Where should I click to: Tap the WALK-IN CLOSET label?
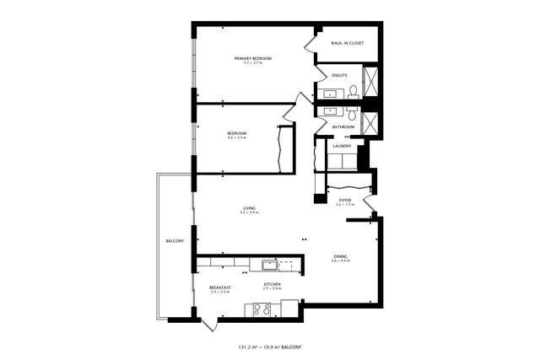[x=347, y=43]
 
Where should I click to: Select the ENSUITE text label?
[x=340, y=75]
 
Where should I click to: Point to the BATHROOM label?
[x=343, y=127]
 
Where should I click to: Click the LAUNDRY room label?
[x=342, y=146]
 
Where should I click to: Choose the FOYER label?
[x=345, y=200]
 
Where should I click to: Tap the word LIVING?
[x=249, y=207]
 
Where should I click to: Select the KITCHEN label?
[x=272, y=285]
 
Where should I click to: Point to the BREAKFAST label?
[x=220, y=287]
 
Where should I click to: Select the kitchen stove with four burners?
[x=262, y=309]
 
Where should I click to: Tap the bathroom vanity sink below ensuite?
[x=329, y=110]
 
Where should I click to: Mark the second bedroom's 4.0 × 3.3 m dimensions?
[x=236, y=137]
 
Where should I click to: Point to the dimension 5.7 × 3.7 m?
[x=253, y=63]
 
